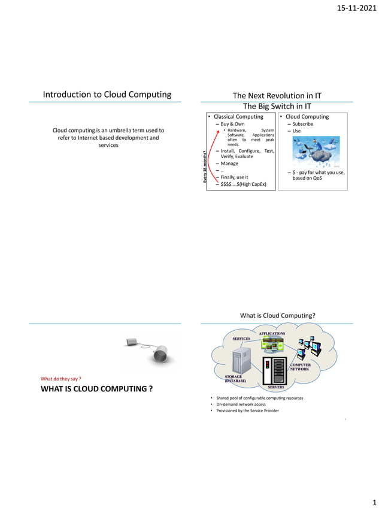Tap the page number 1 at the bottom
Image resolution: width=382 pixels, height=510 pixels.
(x=375, y=502)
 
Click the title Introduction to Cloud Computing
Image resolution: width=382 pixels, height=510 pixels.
(x=107, y=94)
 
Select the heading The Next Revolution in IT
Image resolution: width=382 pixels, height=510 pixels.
(x=277, y=95)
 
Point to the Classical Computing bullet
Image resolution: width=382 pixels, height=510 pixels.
(x=238, y=116)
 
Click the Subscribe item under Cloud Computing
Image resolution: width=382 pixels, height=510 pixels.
(x=302, y=124)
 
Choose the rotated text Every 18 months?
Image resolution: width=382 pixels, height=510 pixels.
(x=205, y=167)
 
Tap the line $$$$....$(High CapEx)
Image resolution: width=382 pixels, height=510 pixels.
(x=244, y=184)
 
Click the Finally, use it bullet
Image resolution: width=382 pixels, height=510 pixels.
(x=234, y=177)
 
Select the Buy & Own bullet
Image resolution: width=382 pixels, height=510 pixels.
(x=232, y=124)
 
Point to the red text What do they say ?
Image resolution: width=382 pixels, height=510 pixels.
(x=60, y=379)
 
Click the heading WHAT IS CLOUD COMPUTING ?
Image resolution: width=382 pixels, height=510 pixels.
(x=96, y=390)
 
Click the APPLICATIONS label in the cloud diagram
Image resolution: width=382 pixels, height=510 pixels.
(x=272, y=333)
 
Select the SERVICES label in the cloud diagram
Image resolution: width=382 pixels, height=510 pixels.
(x=241, y=339)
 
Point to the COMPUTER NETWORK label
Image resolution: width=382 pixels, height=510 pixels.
(x=301, y=367)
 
